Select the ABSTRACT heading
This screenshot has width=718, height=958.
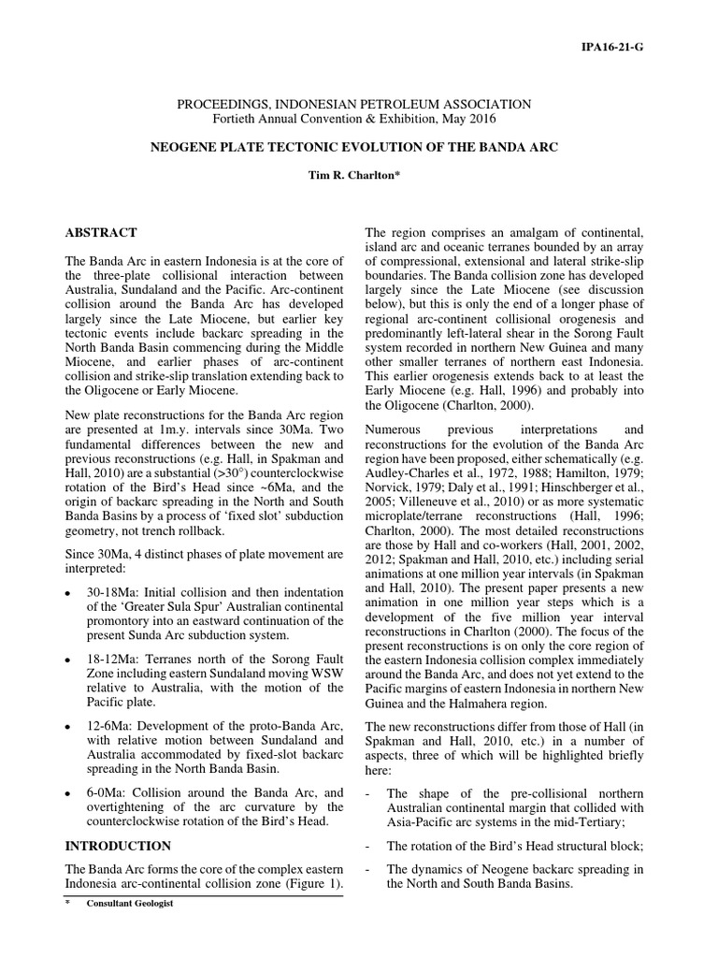[101, 232]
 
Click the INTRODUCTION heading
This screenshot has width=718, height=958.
[118, 846]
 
